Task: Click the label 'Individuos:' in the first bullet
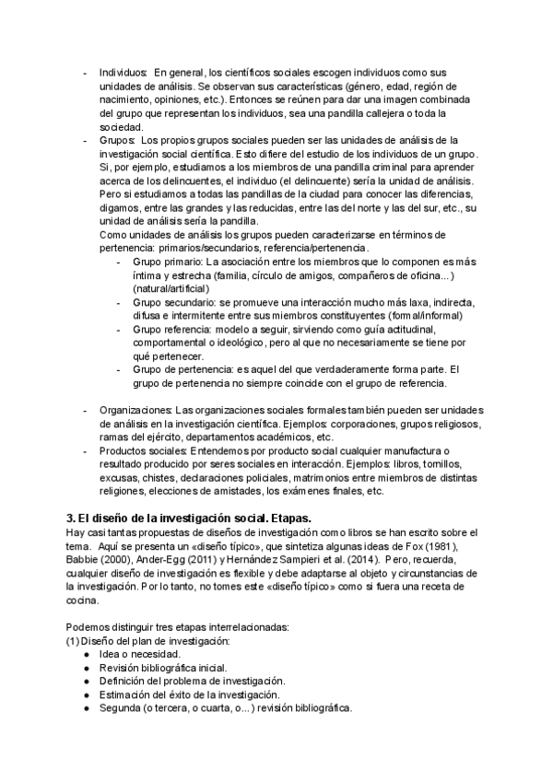point(123,73)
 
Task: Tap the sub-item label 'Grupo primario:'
point(171,262)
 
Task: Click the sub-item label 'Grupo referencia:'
point(173,329)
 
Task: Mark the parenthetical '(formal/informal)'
point(421,315)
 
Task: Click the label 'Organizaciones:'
point(135,410)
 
